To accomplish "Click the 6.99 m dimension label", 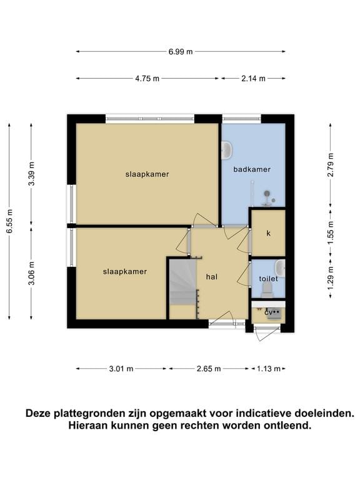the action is tap(181, 52).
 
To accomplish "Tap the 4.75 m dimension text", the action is tap(147, 79).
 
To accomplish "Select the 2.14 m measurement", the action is tap(253, 79).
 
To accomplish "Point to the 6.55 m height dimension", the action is tap(9, 221).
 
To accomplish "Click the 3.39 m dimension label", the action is tap(31, 174).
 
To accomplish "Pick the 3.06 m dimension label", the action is tap(31, 273).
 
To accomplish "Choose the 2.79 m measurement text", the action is tap(331, 165).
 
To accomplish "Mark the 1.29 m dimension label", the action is tap(331, 279).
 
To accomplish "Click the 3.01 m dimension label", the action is tap(121, 369).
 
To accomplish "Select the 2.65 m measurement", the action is tap(209, 369).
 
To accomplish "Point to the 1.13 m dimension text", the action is tap(269, 369).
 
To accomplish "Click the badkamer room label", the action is tap(252, 169).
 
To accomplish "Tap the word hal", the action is tap(212, 277).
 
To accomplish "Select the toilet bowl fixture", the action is tap(267, 290).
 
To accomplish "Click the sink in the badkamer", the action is tap(226, 150).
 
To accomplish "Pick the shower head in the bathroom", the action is tap(267, 194).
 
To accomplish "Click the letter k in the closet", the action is tap(269, 233).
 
